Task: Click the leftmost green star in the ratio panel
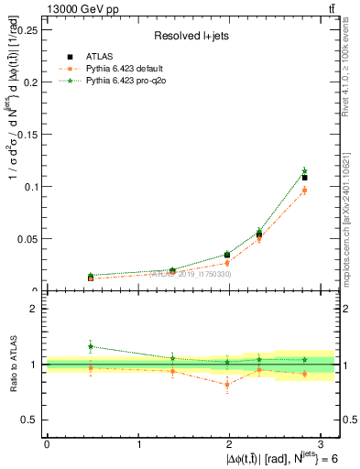point(91,346)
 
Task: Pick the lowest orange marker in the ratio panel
point(227,385)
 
